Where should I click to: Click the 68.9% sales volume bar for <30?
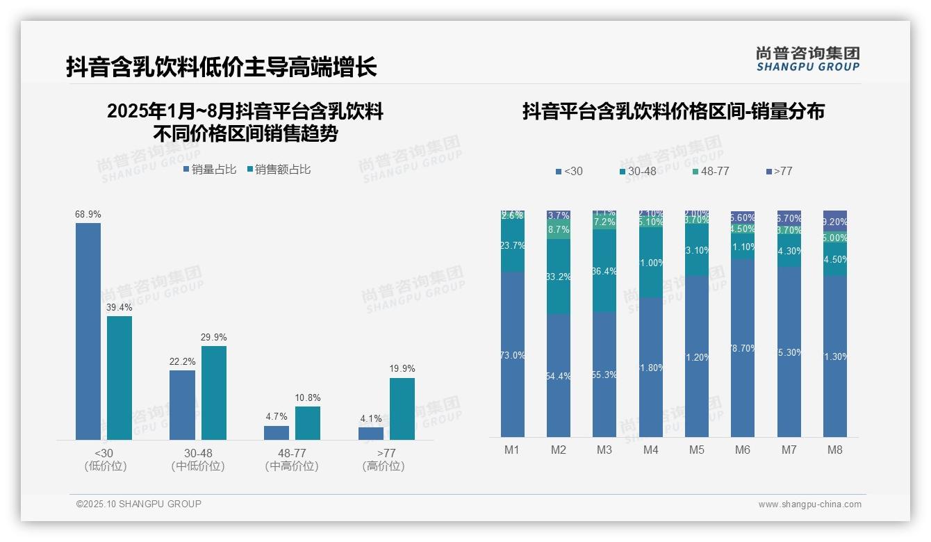88,331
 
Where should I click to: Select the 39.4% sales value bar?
120,378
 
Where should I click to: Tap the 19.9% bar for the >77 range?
402,409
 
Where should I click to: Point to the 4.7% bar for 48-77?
277,433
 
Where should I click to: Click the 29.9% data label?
214,337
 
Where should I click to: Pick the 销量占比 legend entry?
210,170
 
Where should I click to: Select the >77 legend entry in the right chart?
779,171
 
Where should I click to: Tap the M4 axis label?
650,450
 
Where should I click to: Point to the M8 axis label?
835,450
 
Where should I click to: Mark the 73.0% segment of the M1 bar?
513,354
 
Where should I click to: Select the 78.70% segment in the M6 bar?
743,347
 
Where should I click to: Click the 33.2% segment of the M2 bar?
559,277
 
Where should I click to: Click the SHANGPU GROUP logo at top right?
807,58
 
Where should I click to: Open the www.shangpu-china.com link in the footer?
809,504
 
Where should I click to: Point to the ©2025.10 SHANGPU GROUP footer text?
139,504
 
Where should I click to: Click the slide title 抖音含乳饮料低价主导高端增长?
222,67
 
